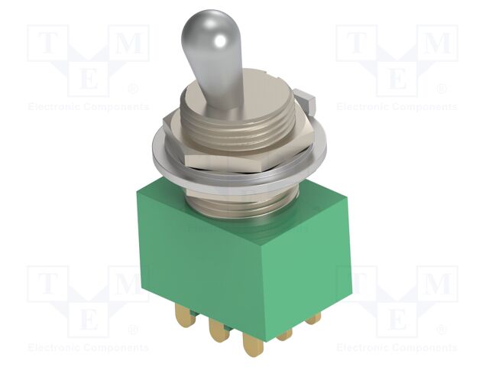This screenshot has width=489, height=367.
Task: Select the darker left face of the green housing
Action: tap(191, 260)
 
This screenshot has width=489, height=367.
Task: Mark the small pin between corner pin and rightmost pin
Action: tap(284, 336)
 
